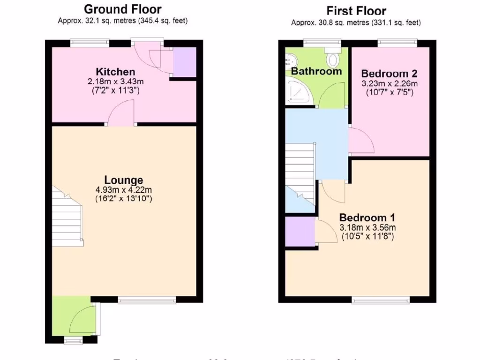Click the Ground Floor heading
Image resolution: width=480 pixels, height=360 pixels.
pyautogui.click(x=123, y=9)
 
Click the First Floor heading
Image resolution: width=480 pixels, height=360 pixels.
pyautogui.click(x=356, y=10)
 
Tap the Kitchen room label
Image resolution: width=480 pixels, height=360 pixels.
pyautogui.click(x=115, y=72)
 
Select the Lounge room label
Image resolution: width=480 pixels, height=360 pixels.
pyautogui.click(x=123, y=180)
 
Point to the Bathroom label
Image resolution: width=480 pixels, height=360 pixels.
pyautogui.click(x=316, y=71)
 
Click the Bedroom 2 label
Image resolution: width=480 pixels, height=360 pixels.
pyautogui.click(x=389, y=74)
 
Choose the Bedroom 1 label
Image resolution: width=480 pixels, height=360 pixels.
pyautogui.click(x=367, y=217)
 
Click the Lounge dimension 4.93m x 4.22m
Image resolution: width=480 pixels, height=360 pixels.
pyautogui.click(x=123, y=190)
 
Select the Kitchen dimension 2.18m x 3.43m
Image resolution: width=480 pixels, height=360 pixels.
pyautogui.click(x=115, y=81)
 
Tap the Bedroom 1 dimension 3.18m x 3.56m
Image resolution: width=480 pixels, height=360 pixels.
pyautogui.click(x=367, y=227)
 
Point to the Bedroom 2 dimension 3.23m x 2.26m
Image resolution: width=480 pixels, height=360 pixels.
pyautogui.click(x=389, y=83)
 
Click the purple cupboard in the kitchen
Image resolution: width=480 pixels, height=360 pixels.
pyautogui.click(x=184, y=62)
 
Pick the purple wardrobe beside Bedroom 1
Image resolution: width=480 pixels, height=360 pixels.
pyautogui.click(x=300, y=231)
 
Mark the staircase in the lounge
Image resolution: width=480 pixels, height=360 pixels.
pyautogui.click(x=67, y=218)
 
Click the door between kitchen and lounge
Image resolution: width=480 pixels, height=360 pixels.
pyautogui.click(x=122, y=116)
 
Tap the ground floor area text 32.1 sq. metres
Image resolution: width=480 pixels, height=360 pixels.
pyautogui.click(x=122, y=21)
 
